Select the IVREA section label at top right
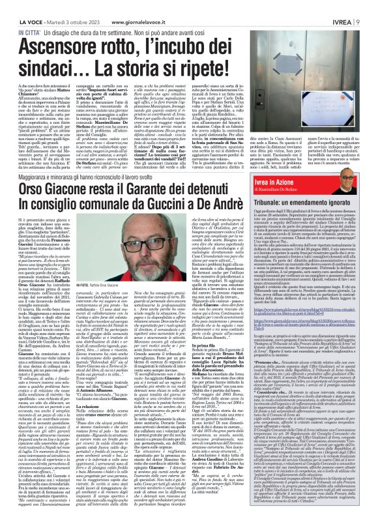[x=353, y=6]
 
